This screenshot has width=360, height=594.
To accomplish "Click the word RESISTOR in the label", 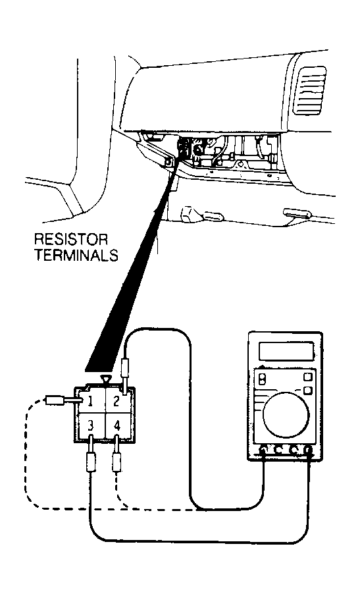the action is (71, 240).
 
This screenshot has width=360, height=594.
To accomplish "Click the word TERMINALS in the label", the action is (76, 255).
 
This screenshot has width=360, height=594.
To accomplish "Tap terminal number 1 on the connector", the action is (90, 402).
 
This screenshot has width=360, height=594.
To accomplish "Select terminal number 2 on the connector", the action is (116, 401).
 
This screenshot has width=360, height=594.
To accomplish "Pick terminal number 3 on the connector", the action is (90, 426).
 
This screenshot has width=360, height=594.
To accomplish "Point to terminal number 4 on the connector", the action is (117, 426).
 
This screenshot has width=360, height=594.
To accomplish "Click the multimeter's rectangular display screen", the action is (286, 351).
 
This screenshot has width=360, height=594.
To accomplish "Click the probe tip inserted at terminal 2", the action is (124, 373).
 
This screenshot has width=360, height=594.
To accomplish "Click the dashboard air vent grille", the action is (310, 90).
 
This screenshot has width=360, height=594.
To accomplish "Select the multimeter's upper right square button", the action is (308, 377).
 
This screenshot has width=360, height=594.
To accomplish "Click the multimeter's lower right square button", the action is (308, 391).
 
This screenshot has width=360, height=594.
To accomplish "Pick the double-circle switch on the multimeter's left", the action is (262, 379).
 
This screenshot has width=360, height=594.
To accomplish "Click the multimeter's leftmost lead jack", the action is (263, 450).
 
